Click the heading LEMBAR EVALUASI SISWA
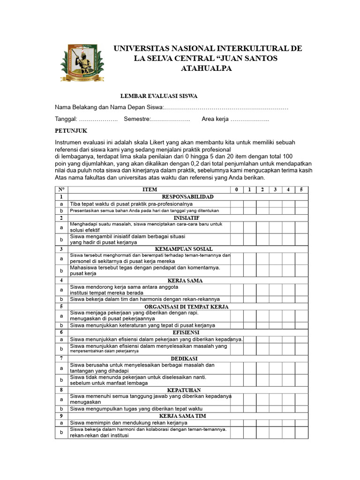159,96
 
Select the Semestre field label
136,119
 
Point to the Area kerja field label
215,119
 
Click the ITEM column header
150,190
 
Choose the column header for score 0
236,190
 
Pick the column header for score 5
301,190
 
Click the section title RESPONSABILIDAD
187,197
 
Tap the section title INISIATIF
187,218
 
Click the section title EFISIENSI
187,332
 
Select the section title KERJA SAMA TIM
182,416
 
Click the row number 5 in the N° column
61,307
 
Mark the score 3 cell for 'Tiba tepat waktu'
275,204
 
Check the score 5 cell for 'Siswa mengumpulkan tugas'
301,409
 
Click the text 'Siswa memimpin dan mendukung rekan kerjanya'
128,423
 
